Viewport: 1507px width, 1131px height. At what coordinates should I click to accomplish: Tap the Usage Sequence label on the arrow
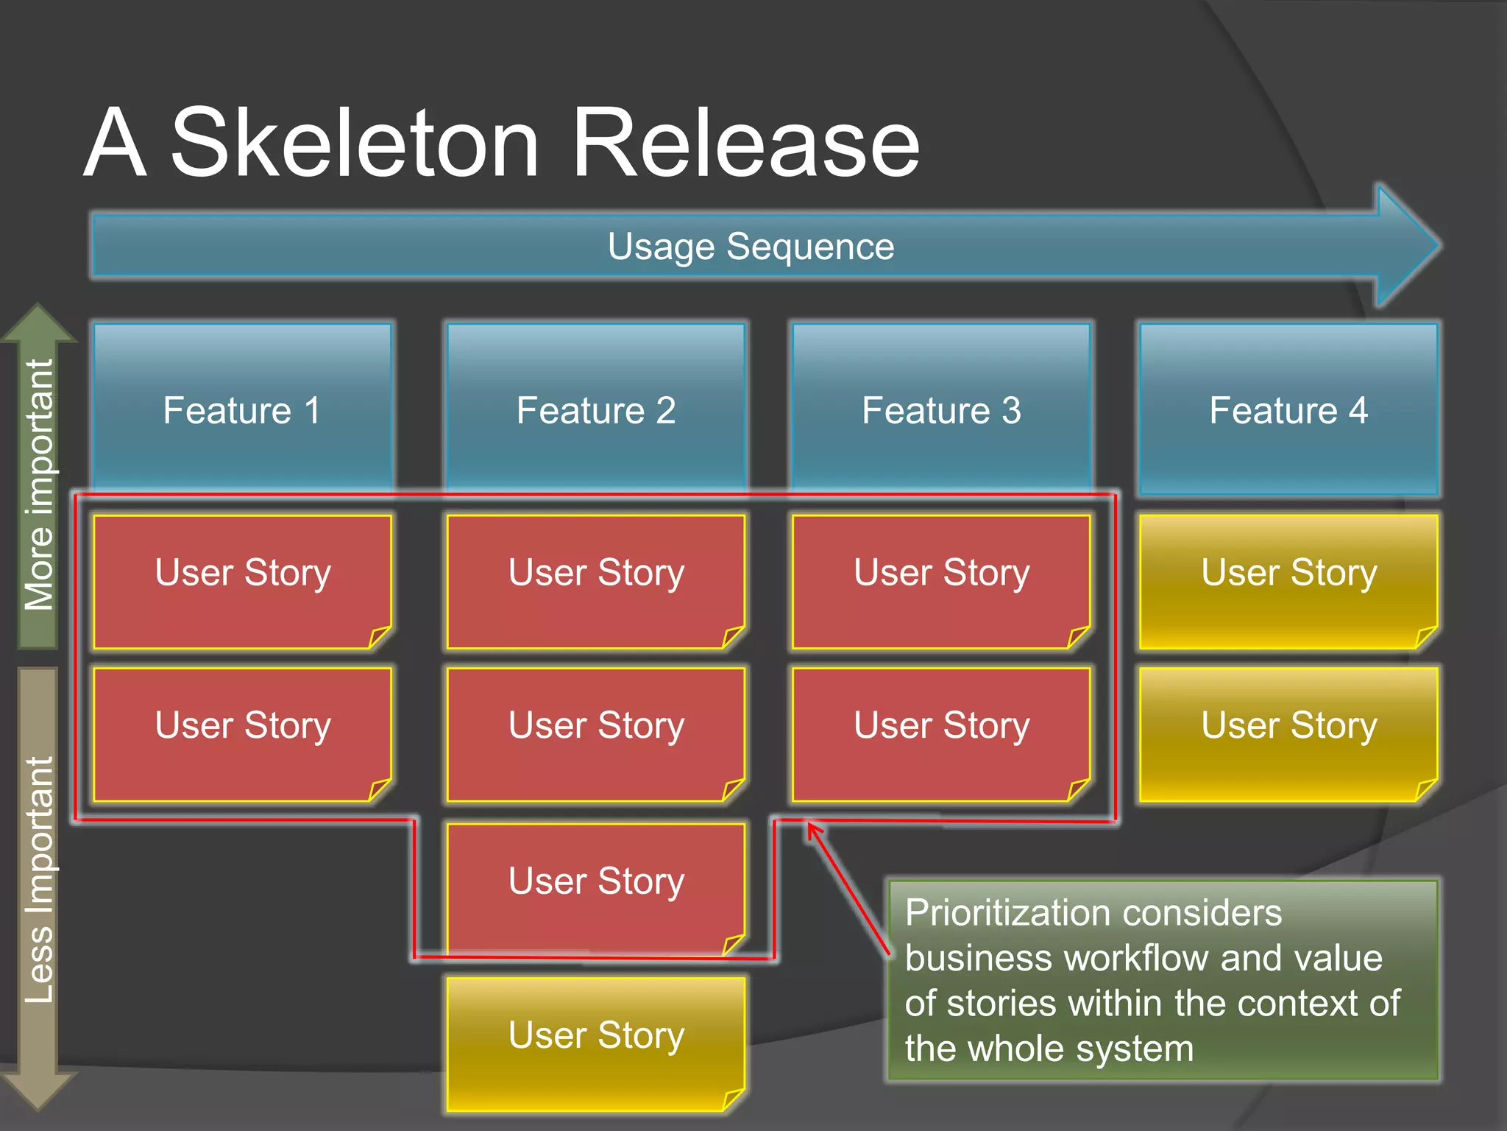(x=751, y=247)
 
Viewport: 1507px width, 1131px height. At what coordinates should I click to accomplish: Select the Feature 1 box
(x=242, y=409)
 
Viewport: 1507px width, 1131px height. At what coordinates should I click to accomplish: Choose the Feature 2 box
(x=596, y=409)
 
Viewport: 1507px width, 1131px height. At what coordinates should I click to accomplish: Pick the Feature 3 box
(x=941, y=409)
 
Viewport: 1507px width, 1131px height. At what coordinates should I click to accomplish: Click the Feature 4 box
(x=1288, y=409)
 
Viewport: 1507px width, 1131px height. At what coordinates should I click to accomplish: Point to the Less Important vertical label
(x=39, y=880)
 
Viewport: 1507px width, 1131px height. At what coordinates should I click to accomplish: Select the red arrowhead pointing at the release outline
(x=813, y=830)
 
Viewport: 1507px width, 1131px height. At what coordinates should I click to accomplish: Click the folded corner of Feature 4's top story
(x=1425, y=636)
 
